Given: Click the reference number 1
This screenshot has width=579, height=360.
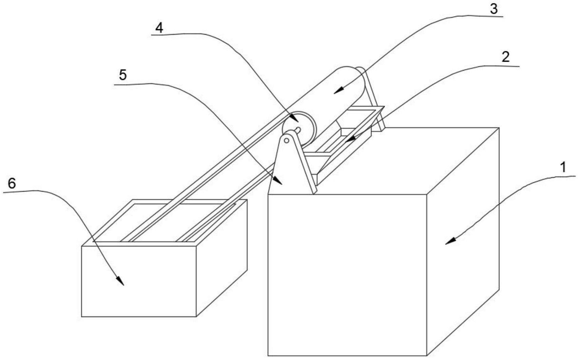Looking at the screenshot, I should [x=563, y=167].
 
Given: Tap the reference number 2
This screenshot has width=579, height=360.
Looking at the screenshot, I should [x=505, y=57].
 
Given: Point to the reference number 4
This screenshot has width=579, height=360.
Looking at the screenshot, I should [x=159, y=28].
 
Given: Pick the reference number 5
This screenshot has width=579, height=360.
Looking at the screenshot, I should [x=122, y=75].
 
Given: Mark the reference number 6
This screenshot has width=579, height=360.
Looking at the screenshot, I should [x=12, y=183].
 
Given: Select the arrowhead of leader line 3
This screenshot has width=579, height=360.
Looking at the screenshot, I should [x=335, y=92].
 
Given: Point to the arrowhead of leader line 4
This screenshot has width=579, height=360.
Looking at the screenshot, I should [x=297, y=121].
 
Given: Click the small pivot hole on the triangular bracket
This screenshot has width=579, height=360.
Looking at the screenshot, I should [x=287, y=140].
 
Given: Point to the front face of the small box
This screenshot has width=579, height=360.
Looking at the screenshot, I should [x=139, y=281].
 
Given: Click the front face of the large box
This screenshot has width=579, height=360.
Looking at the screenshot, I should [x=346, y=275].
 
